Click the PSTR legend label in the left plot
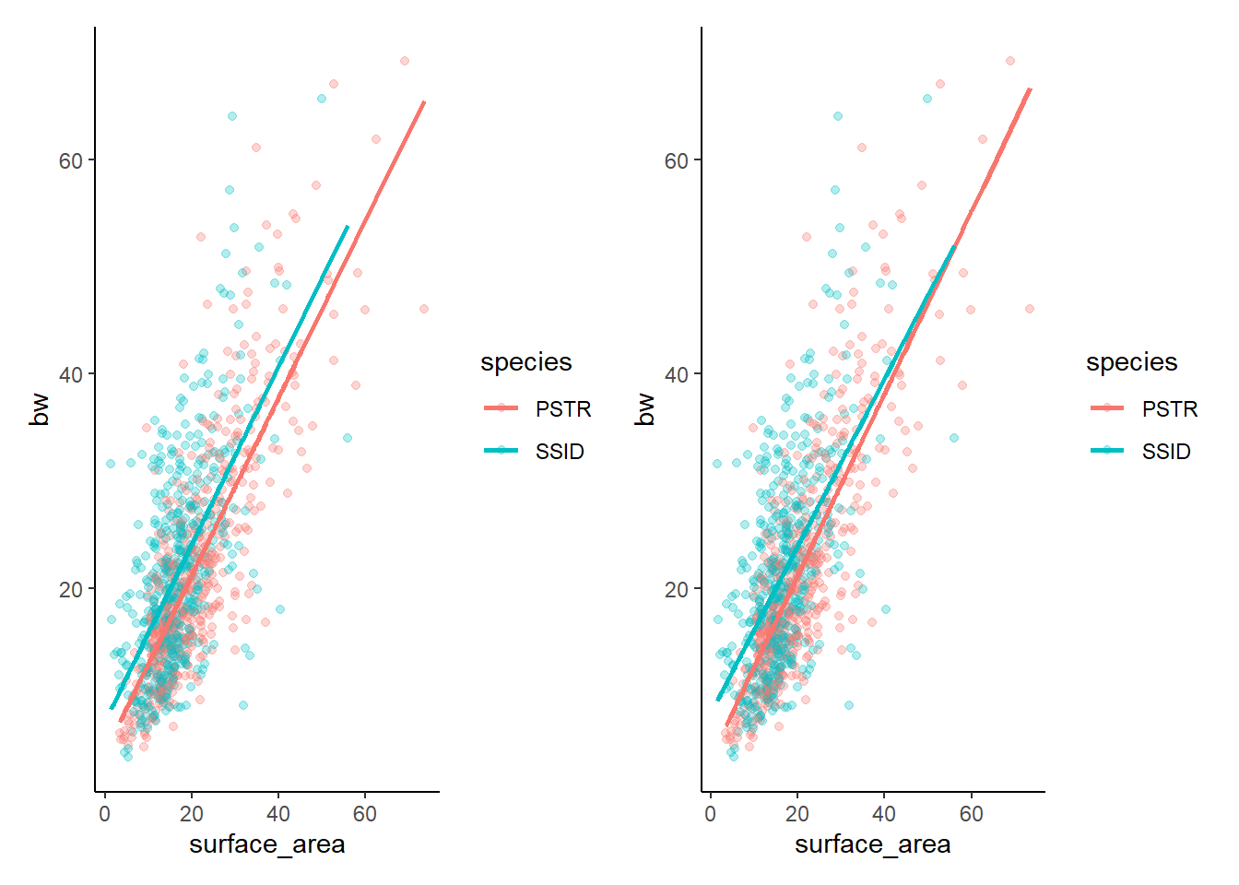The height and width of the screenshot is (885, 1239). pyautogui.click(x=562, y=408)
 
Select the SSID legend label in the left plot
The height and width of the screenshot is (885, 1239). pyautogui.click(x=560, y=451)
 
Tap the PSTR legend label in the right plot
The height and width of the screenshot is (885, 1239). pyautogui.click(x=1169, y=408)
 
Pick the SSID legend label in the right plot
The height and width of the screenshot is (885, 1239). pyautogui.click(x=1166, y=451)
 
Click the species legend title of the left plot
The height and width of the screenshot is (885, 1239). pyautogui.click(x=525, y=362)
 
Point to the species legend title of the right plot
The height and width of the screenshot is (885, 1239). pyautogui.click(x=1131, y=362)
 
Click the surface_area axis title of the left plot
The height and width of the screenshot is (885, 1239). pyautogui.click(x=266, y=844)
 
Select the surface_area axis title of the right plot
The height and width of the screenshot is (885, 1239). pyautogui.click(x=872, y=844)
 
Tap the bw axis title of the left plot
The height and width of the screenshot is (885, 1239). pyautogui.click(x=40, y=410)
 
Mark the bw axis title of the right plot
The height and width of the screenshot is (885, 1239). pyautogui.click(x=645, y=410)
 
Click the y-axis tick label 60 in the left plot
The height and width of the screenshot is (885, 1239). pyautogui.click(x=70, y=160)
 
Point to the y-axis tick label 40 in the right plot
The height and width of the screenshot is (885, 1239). pyautogui.click(x=676, y=374)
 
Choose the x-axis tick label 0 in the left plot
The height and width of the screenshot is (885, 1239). pyautogui.click(x=105, y=814)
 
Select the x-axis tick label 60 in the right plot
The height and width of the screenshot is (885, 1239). pyautogui.click(x=971, y=814)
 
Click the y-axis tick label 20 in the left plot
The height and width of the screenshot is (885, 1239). pyautogui.click(x=70, y=589)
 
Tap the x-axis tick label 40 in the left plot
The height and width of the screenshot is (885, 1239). pyautogui.click(x=278, y=814)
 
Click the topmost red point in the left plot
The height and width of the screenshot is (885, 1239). pyautogui.click(x=404, y=61)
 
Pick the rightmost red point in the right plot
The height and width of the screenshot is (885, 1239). pyautogui.click(x=1029, y=309)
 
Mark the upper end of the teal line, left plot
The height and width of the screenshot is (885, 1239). pyautogui.click(x=348, y=226)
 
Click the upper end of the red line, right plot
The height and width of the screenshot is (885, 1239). pyautogui.click(x=1029, y=89)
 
